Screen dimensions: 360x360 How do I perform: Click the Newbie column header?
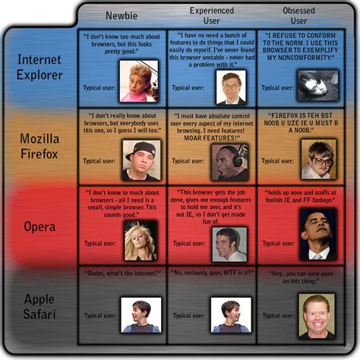pyautogui.click(x=122, y=14)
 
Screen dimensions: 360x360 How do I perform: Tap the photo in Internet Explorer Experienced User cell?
pyautogui.click(x=230, y=87)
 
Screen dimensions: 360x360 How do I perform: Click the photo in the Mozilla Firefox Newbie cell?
pyautogui.click(x=141, y=160)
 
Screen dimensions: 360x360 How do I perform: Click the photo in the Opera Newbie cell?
pyautogui.click(x=141, y=239)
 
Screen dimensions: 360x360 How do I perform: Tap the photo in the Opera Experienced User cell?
pyautogui.click(x=230, y=242)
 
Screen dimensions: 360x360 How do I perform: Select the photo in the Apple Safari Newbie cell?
pyautogui.click(x=141, y=314)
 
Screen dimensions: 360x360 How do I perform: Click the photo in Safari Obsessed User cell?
pyautogui.click(x=317, y=314)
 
